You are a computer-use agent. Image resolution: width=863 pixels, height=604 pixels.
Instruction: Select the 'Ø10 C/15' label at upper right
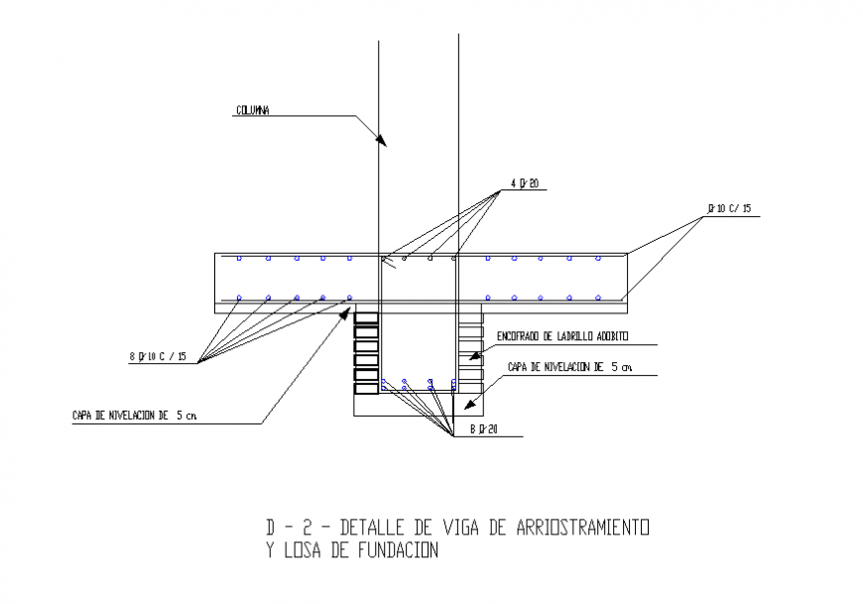(729, 208)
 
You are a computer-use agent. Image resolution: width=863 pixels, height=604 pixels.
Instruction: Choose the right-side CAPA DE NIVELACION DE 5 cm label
(568, 367)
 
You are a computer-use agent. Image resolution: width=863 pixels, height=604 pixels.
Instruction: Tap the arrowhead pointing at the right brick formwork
(474, 354)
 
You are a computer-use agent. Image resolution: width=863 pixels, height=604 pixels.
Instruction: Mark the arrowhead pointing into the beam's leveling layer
(472, 405)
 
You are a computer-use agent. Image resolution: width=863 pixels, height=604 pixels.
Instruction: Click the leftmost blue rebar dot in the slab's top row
(239, 259)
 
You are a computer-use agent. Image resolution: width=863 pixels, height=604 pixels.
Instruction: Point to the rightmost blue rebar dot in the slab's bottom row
(598, 297)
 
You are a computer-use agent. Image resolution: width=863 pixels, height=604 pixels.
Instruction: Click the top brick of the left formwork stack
(367, 319)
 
